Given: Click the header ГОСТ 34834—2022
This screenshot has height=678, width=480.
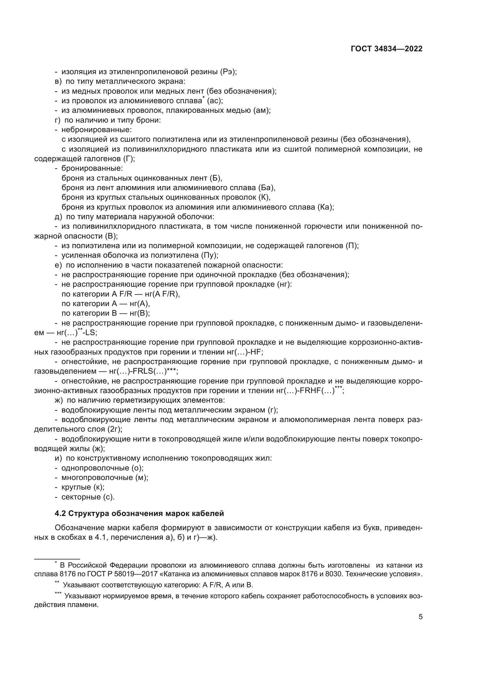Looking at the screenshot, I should tap(386, 49).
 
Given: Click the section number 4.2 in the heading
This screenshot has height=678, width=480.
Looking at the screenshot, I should tap(60, 513).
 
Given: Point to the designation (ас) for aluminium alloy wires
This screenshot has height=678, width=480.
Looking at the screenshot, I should tap(215, 101).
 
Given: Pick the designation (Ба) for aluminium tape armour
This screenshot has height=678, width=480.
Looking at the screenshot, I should tap(267, 188).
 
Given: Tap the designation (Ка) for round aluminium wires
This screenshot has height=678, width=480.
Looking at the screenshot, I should tap(325, 207).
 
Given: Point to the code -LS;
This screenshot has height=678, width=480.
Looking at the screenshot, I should tap(89, 332).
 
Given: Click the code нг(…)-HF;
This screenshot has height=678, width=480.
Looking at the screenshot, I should tap(245, 352).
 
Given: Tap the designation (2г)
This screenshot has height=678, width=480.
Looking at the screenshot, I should tap(116, 429).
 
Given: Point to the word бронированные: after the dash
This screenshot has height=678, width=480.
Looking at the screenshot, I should tap(92, 168).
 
